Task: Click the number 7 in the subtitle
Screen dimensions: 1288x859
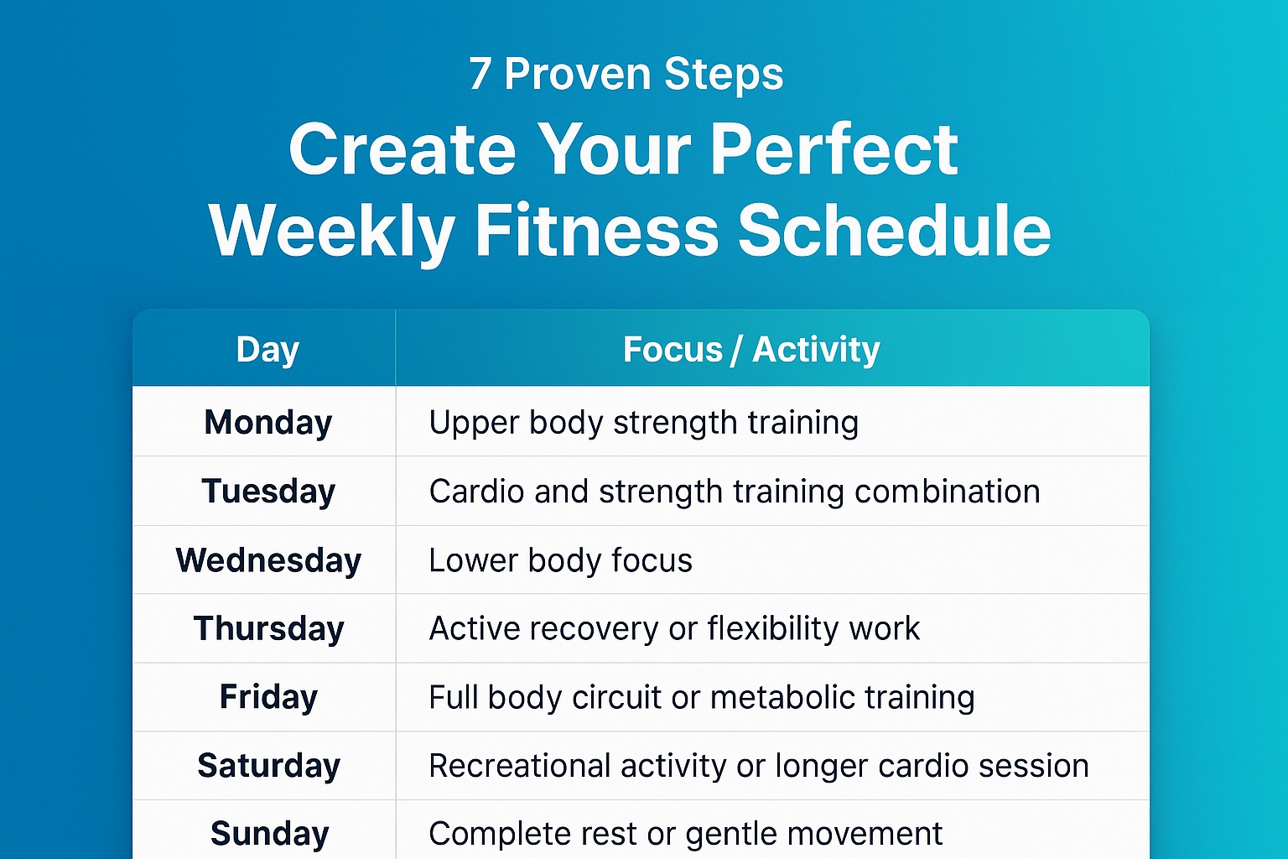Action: coord(480,74)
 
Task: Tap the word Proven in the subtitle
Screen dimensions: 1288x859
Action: coord(579,74)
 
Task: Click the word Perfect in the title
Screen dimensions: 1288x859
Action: coord(834,149)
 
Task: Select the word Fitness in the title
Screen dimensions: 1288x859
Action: coord(597,230)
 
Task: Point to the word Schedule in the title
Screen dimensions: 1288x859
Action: coord(895,230)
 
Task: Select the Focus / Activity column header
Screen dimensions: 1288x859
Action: coord(751,349)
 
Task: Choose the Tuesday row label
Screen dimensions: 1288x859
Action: coord(268,492)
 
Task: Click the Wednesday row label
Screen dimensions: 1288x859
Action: coord(268,560)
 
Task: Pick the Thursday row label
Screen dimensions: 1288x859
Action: coord(268,629)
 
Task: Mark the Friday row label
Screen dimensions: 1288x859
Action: coord(268,698)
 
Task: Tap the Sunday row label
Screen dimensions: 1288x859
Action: coord(269,835)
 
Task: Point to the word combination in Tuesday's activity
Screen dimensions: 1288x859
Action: coord(947,492)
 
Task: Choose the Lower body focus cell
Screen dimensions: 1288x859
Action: coord(561,560)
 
